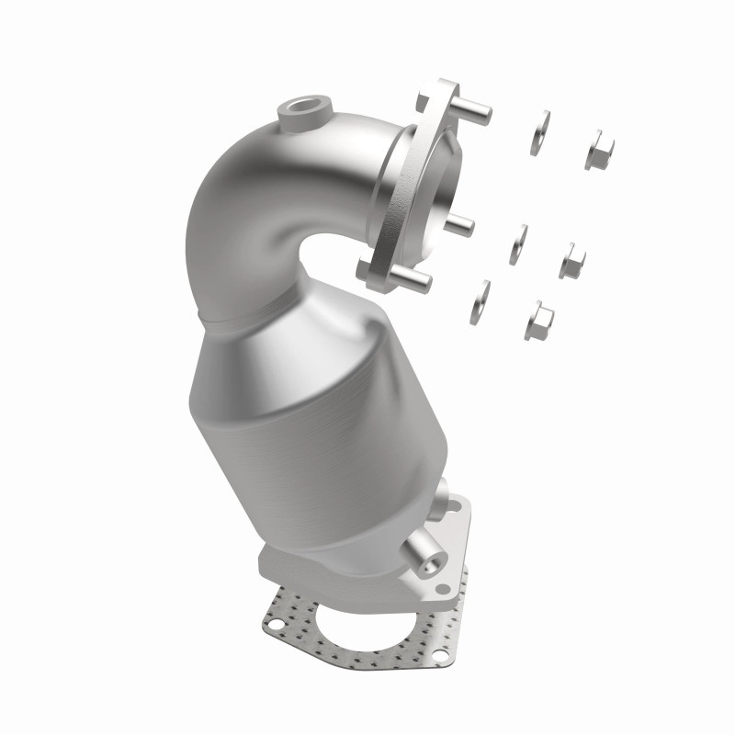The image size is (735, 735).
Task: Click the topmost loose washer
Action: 540,132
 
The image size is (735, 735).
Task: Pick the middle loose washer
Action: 520,244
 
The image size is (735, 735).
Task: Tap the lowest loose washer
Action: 480,302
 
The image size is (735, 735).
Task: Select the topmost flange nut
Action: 598,149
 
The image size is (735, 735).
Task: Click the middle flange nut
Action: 571,261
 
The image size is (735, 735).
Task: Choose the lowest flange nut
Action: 538,321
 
